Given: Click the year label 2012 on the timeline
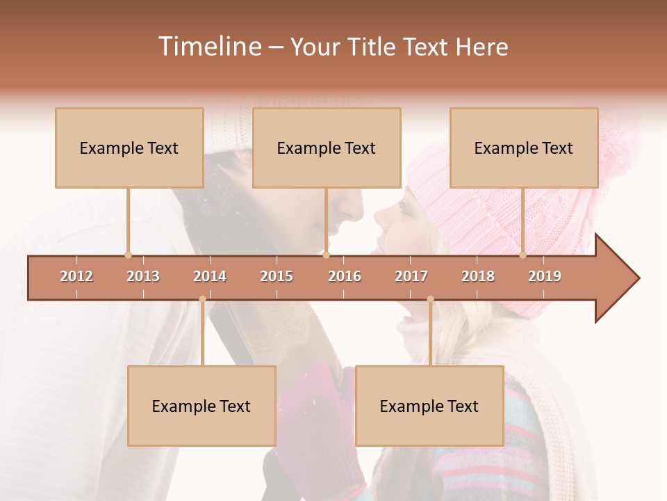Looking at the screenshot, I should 76,276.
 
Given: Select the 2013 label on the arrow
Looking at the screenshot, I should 143,276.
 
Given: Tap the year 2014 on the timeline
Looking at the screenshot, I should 210,276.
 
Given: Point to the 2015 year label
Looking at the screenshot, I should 277,276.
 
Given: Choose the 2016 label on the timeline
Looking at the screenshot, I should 345,276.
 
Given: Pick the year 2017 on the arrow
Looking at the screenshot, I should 411,276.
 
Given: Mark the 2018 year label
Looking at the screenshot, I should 478,276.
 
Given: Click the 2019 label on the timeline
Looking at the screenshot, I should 545,276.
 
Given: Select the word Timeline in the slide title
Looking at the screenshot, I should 209,47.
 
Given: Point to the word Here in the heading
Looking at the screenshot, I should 481,47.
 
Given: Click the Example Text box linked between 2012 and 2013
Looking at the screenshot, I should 129,148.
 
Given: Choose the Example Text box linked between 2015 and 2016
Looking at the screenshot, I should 327,148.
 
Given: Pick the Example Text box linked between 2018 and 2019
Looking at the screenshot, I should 524,148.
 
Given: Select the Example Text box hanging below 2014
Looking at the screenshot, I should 201,406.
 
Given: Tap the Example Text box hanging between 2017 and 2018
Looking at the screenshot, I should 429,406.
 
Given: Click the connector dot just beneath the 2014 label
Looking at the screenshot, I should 202,299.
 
